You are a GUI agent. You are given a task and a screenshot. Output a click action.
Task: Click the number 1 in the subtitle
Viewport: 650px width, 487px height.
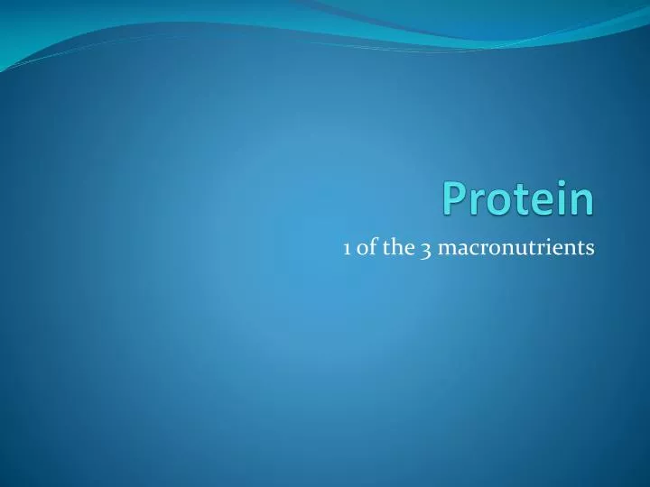tap(347, 249)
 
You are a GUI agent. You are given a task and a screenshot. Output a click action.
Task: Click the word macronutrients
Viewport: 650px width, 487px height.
tap(515, 249)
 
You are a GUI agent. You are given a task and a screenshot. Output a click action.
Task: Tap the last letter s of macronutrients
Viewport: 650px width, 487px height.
tap(590, 250)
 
